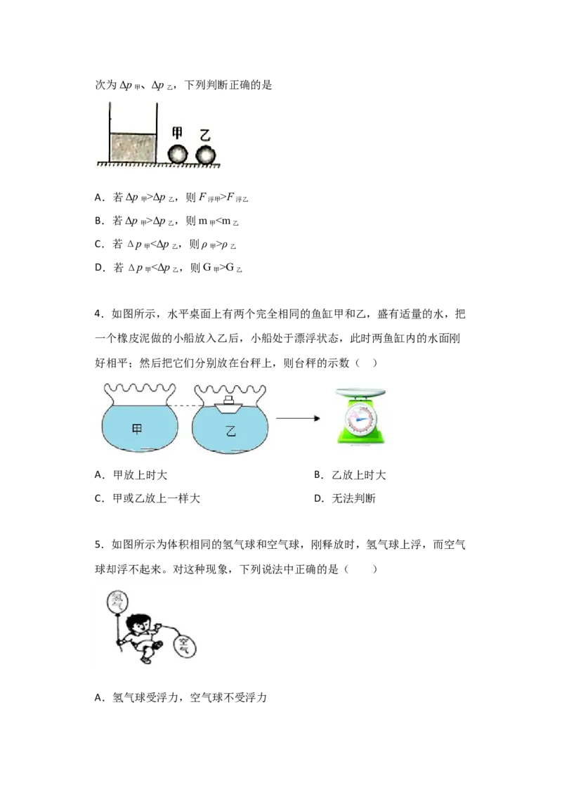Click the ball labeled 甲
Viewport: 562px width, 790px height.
tap(177, 154)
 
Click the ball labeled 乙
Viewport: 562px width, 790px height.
tap(205, 154)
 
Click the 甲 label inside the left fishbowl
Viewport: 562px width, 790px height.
tap(137, 429)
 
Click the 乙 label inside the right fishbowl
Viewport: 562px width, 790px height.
tap(230, 431)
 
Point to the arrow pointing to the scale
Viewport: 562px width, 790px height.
tap(298, 418)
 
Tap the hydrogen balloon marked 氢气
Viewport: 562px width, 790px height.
tap(117, 602)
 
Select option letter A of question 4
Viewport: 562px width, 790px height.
tap(99, 474)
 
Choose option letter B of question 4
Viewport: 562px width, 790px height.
tap(318, 474)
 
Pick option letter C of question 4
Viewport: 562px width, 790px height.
tap(99, 498)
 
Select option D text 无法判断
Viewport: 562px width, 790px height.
tap(353, 498)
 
